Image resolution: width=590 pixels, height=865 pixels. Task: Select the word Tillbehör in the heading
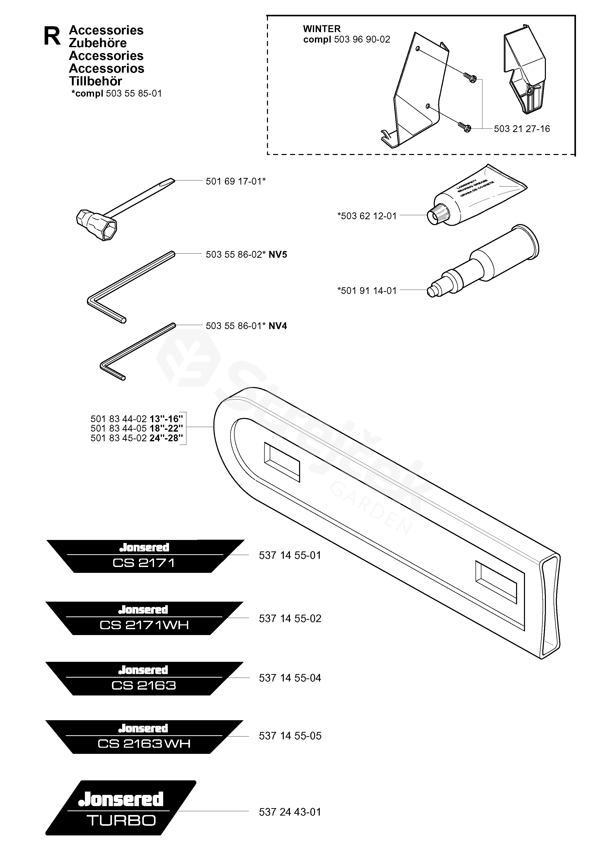point(96,81)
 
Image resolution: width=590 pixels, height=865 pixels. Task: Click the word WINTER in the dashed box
point(322,29)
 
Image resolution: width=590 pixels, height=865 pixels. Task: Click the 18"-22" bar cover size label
point(166,428)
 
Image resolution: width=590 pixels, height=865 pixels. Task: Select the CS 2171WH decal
point(144,618)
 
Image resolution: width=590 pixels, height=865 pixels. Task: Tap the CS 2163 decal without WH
point(144,678)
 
